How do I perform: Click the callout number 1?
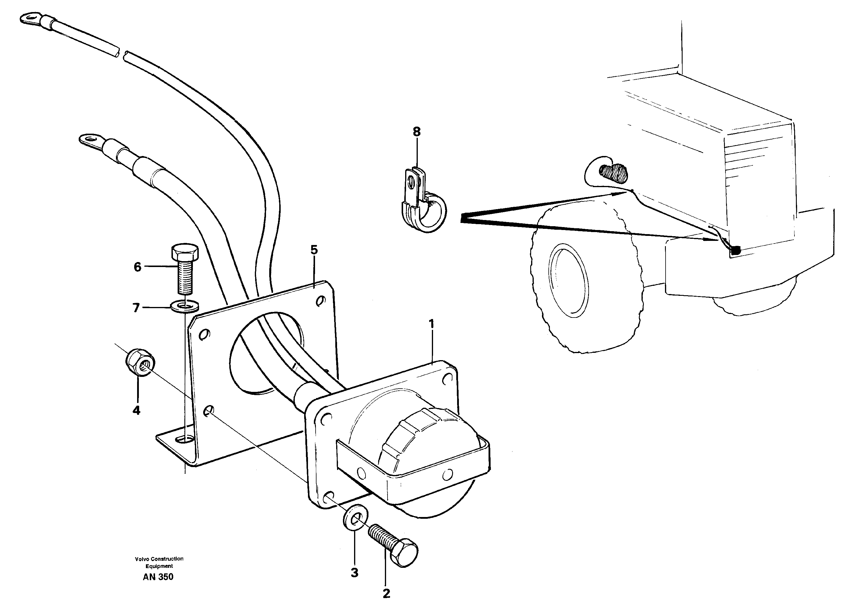pos(432,323)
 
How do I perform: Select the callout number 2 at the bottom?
pos(386,593)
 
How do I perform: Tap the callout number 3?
pos(354,573)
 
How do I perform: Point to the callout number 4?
pos(136,410)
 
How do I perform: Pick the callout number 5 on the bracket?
pos(314,249)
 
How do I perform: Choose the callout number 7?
pos(136,308)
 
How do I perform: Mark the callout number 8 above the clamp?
pos(417,132)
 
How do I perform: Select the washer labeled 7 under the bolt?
pos(185,306)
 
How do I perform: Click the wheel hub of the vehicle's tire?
pos(568,280)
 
